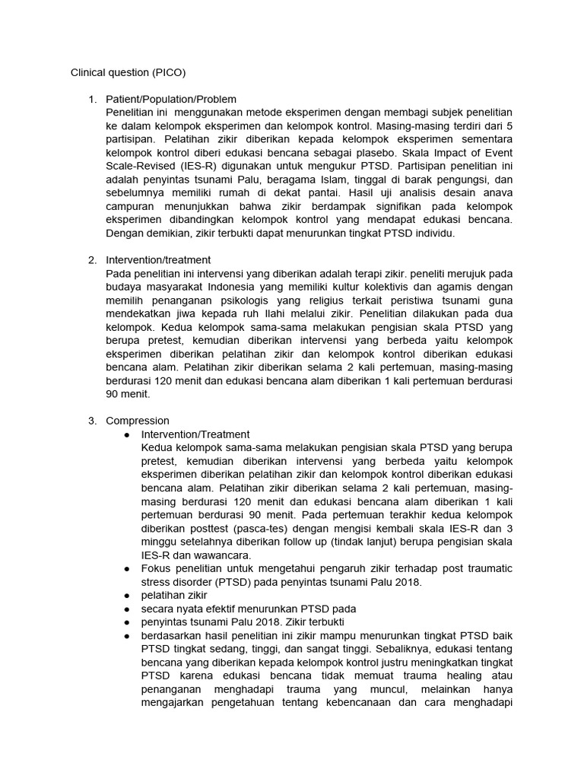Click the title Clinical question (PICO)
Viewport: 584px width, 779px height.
point(128,73)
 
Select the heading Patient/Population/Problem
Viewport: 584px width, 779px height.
point(171,100)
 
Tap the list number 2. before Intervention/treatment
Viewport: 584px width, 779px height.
point(92,260)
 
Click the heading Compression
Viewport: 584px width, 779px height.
point(138,421)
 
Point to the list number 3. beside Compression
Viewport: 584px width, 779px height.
point(92,421)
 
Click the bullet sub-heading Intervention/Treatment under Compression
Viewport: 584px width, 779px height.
point(195,434)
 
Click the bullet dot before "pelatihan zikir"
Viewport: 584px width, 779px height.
point(125,596)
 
